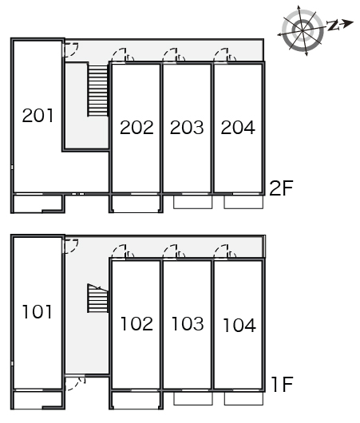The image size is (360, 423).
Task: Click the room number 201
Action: coord(38,116)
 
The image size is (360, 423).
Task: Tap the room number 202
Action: coord(136,128)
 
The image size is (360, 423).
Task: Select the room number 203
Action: coord(187,128)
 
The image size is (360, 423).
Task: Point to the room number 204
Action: coord(238,128)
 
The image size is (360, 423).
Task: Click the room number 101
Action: coord(38,312)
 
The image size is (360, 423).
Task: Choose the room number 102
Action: coord(136,324)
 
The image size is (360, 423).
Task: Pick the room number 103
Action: coord(188,324)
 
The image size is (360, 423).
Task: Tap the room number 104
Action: coord(239,325)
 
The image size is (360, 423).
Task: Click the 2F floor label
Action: coord(281,188)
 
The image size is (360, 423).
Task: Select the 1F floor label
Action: coord(283,385)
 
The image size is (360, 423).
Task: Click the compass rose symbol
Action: coord(303,30)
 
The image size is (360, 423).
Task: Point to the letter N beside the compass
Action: coord(333,25)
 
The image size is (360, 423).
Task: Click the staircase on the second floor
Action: coord(97,91)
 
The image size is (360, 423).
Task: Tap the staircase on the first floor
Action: coord(97,298)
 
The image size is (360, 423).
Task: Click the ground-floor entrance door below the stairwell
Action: coord(74,384)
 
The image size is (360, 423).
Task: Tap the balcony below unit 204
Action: coord(243,202)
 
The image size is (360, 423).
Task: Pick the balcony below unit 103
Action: coord(192,398)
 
